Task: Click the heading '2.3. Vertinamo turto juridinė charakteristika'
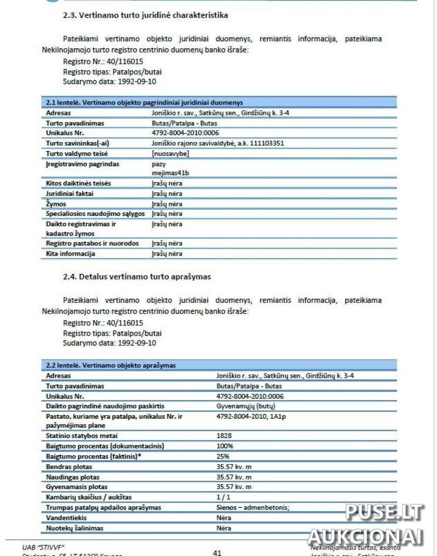[145, 15]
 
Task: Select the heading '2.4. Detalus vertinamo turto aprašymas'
[137, 277]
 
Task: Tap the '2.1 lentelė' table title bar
[219, 103]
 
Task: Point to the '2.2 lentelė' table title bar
[219, 365]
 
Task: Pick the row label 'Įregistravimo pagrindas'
[82, 164]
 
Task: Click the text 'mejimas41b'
[170, 173]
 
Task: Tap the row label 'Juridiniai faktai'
[70, 194]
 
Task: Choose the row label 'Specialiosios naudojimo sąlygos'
[95, 214]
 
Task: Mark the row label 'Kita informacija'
[70, 254]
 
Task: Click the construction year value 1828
[224, 436]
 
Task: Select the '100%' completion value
[225, 446]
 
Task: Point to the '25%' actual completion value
[223, 457]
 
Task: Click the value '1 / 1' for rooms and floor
[224, 497]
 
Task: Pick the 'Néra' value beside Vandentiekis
[224, 518]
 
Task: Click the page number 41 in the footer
[217, 553]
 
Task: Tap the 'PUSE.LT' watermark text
[384, 513]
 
